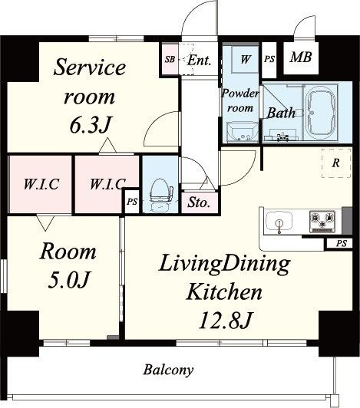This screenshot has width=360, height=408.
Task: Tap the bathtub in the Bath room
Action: click(321, 112)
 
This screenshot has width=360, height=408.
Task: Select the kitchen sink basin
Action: click(279, 222)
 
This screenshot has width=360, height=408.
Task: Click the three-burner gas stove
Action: click(322, 222)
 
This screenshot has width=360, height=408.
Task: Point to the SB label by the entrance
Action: click(170, 60)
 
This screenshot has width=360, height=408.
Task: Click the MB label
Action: click(301, 58)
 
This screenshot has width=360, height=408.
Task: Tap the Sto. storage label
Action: click(199, 202)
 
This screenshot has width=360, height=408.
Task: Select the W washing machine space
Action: click(245, 58)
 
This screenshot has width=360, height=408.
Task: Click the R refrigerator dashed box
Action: click(336, 163)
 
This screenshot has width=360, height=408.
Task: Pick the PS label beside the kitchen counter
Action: click(342, 244)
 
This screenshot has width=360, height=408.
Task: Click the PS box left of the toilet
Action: click(132, 202)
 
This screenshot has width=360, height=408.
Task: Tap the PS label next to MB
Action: click(269, 59)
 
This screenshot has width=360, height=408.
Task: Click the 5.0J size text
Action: click(69, 279)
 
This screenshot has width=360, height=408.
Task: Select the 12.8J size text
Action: click(226, 320)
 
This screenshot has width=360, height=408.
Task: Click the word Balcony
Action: click(168, 370)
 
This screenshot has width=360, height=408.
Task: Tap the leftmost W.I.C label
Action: click(41, 184)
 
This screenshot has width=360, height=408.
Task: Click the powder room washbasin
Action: click(243, 132)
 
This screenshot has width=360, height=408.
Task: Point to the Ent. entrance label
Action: click(199, 61)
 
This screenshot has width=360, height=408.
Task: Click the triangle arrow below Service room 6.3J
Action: click(107, 146)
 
